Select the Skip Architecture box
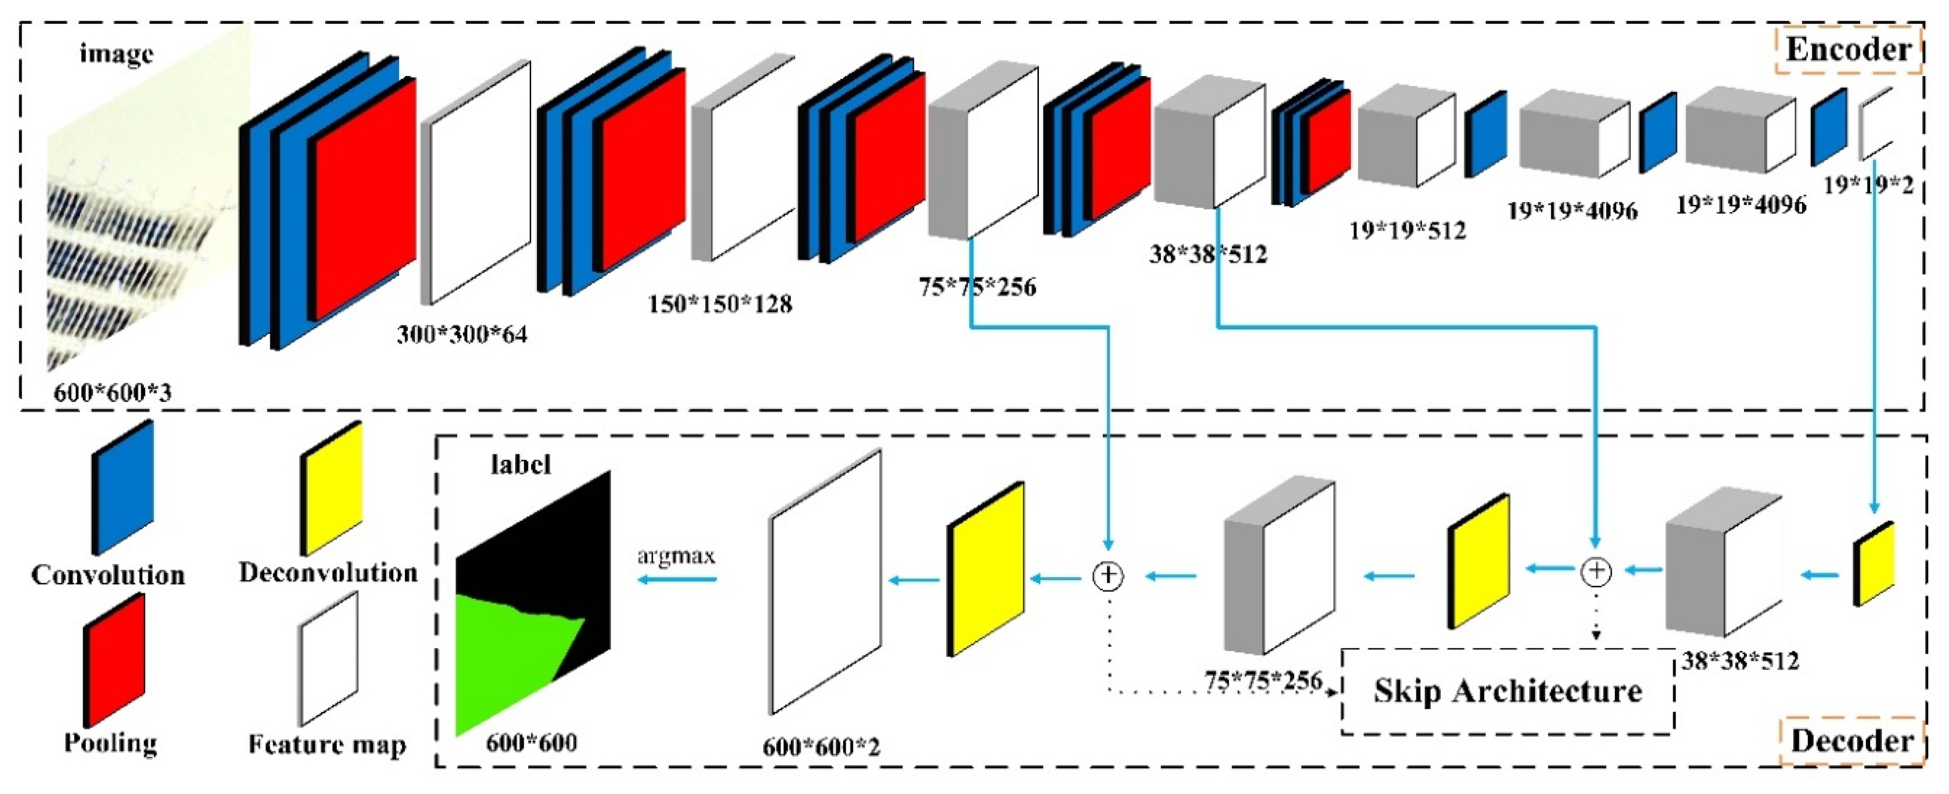click(1507, 691)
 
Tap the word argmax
click(675, 556)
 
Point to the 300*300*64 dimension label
click(461, 333)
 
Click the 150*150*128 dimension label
click(720, 304)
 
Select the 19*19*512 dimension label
click(1407, 230)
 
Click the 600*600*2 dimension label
click(821, 747)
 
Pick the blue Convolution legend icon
click(122, 488)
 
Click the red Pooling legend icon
click(113, 659)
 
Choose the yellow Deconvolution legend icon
click(332, 488)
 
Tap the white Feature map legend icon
click(328, 658)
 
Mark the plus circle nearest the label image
click(1109, 576)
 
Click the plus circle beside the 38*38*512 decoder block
click(1596, 571)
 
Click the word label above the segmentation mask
click(521, 464)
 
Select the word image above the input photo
click(117, 54)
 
